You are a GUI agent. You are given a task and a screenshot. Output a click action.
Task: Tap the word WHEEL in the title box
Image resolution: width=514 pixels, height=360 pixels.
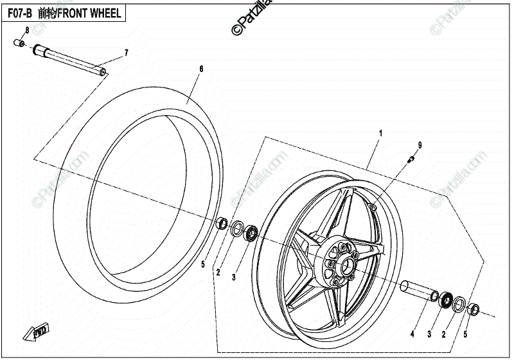[x=107, y=12]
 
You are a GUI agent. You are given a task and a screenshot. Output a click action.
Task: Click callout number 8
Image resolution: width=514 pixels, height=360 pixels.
[x=27, y=30]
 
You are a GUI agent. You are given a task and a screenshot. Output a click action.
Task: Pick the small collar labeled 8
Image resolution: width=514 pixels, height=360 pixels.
[x=19, y=44]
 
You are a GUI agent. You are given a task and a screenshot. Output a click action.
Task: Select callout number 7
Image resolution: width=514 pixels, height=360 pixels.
[x=127, y=52]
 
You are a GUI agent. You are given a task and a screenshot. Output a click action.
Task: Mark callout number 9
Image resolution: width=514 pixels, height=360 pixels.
[x=420, y=146]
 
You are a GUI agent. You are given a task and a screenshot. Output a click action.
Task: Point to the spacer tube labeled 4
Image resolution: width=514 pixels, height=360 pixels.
[x=416, y=289]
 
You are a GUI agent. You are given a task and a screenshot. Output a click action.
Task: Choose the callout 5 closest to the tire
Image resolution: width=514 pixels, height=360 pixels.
[x=203, y=264]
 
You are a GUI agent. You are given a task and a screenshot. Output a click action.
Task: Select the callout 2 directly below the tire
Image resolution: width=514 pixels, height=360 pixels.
[x=218, y=273]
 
